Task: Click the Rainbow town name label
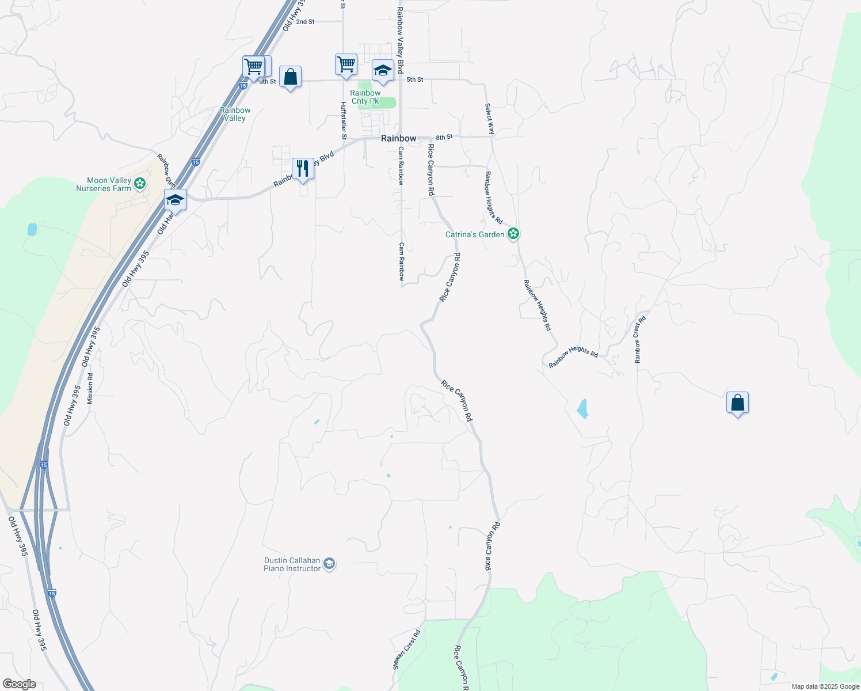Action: click(398, 138)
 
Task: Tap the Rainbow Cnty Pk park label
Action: click(365, 97)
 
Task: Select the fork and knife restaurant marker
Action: click(303, 169)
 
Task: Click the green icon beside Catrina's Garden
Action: click(513, 234)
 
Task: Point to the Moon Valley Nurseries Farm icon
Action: click(139, 184)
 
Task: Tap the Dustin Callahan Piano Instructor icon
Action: click(329, 564)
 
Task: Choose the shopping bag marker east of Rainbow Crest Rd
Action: click(737, 403)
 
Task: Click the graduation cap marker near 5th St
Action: click(383, 71)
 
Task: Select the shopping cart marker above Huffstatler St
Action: click(346, 64)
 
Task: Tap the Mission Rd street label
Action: click(90, 388)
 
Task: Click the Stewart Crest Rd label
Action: click(407, 650)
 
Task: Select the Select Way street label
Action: click(489, 119)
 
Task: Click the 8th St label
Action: click(444, 137)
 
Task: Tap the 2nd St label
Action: click(306, 21)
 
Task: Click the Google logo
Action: click(19, 684)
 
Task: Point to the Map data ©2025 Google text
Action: click(825, 686)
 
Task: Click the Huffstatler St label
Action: click(344, 120)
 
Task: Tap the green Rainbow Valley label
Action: click(235, 114)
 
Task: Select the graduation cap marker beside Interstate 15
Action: click(175, 200)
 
